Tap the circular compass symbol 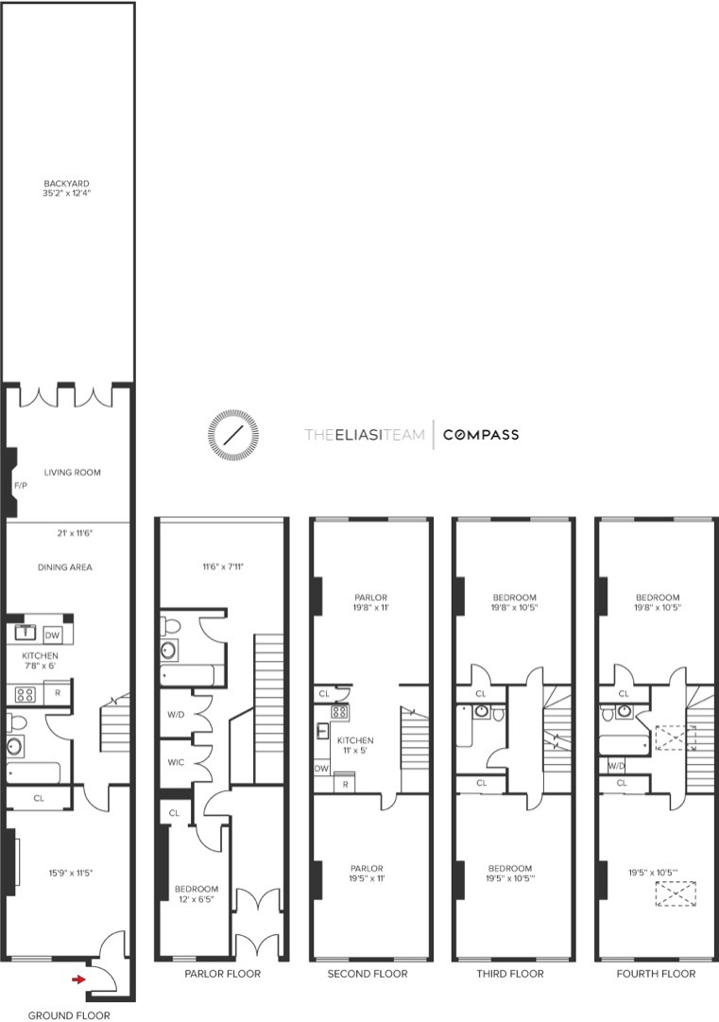[231, 435]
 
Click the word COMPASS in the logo [481, 435]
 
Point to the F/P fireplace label [20, 485]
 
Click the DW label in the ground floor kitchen [52, 634]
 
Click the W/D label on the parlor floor [176, 714]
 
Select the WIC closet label [176, 761]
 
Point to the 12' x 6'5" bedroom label [197, 894]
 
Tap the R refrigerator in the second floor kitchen [345, 784]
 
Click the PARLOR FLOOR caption [222, 973]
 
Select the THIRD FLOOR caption [513, 973]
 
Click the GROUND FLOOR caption [68, 1014]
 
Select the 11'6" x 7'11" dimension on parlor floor [220, 567]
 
